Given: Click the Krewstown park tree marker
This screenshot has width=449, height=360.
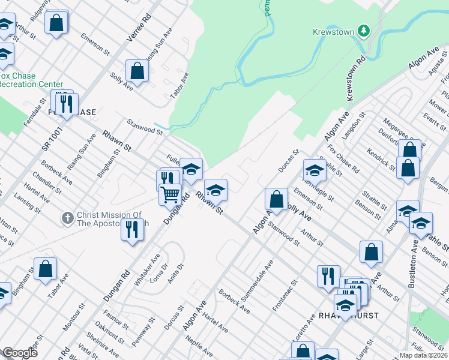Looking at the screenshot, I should [363, 30].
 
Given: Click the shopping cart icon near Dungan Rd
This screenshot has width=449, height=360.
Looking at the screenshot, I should [170, 194].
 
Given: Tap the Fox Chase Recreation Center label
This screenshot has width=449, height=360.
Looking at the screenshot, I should [30, 80].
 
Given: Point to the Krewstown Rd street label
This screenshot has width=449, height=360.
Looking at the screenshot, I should [355, 79].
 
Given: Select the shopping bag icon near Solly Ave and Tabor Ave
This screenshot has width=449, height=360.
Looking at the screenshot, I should [137, 71].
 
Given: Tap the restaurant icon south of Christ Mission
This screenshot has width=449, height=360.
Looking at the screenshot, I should [131, 229].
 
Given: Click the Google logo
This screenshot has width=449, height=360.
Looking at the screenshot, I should [20, 353].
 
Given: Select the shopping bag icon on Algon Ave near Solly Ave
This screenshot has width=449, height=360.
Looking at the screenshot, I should [276, 198].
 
